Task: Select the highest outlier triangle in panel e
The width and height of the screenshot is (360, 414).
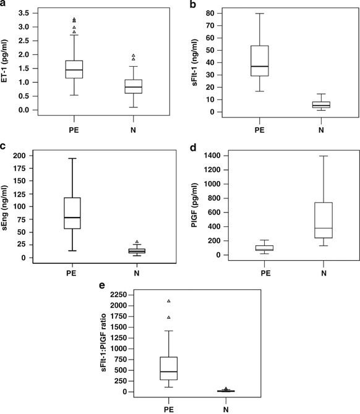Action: tap(168, 301)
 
